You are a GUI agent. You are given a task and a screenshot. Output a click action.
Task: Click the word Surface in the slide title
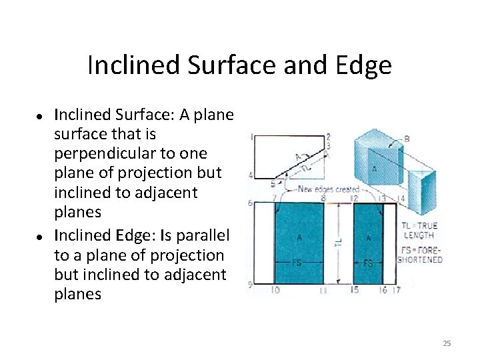coord(220,65)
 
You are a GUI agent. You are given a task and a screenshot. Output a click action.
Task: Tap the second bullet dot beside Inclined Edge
coord(41,237)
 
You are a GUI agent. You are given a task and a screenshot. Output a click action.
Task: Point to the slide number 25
coord(447,343)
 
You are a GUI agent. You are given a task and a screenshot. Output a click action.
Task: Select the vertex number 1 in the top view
coord(251,136)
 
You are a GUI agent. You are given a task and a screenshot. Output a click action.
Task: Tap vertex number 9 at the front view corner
coord(250,285)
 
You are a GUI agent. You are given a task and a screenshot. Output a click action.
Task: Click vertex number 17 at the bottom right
coord(396,290)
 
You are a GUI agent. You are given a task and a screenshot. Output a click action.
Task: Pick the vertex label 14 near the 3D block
coord(400,199)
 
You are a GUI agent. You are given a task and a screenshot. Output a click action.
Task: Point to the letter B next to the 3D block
coord(407,139)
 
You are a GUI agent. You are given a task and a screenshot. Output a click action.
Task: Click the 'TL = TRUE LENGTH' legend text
coord(420,230)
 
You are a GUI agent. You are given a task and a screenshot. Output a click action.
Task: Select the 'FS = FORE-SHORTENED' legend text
coord(420,255)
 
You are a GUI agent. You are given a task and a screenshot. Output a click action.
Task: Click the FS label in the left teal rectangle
coord(297,262)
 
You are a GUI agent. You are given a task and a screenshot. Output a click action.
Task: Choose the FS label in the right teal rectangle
coord(367,263)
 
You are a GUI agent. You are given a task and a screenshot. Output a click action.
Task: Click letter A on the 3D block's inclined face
coord(374,169)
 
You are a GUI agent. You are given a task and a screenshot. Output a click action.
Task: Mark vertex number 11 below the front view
coord(323,291)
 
